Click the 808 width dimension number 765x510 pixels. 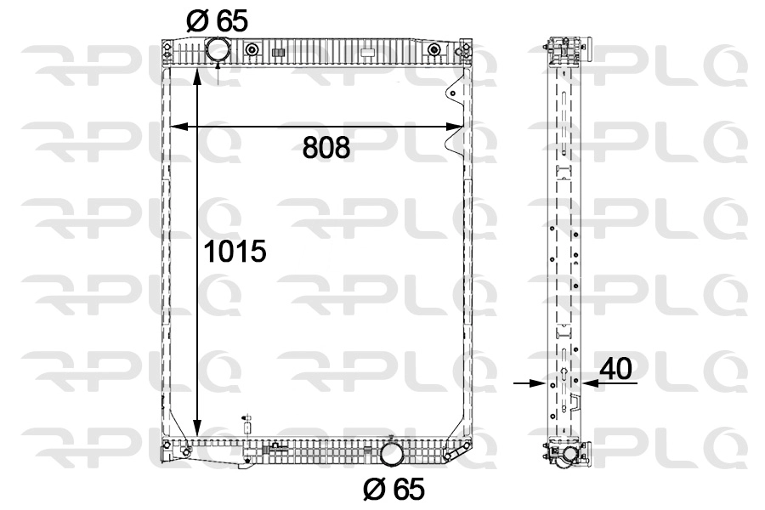pyautogui.click(x=326, y=148)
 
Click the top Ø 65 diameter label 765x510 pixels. pyautogui.click(x=217, y=20)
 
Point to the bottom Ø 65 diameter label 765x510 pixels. pyautogui.click(x=393, y=489)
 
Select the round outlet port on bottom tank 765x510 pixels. pyautogui.click(x=392, y=453)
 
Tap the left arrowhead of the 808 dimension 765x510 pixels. pyautogui.click(x=178, y=127)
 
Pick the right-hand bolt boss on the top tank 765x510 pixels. pyautogui.click(x=434, y=51)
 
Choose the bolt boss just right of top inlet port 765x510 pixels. pyautogui.click(x=251, y=51)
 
